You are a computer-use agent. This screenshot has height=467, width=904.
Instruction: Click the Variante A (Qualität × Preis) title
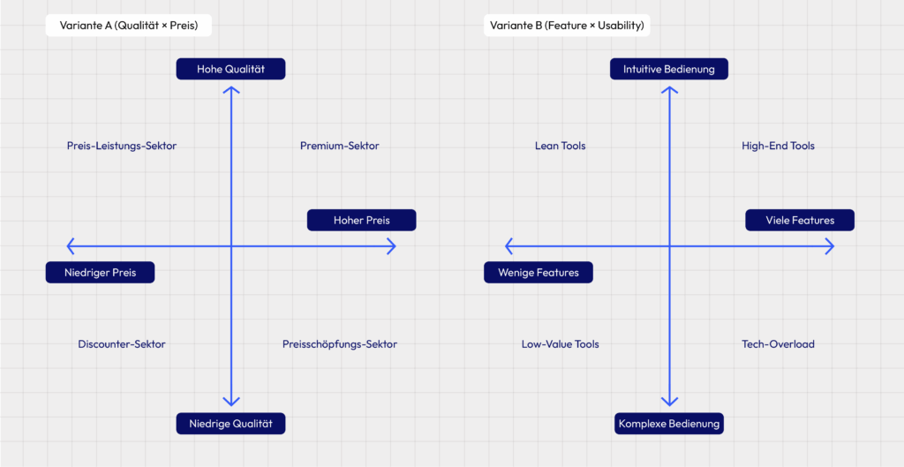point(129,26)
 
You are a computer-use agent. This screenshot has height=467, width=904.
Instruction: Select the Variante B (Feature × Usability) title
point(568,26)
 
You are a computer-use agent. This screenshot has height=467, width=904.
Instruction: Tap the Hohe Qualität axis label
point(230,69)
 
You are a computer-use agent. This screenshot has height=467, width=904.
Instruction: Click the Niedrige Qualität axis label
point(230,424)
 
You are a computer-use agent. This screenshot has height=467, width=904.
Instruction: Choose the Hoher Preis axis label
point(361,220)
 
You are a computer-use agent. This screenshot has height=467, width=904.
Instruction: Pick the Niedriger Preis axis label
point(100,273)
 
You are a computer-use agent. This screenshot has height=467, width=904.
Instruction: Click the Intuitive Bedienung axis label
point(668,69)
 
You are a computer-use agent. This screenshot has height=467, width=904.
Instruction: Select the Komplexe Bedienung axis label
point(668,424)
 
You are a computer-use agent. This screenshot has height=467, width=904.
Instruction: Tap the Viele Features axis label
point(800,220)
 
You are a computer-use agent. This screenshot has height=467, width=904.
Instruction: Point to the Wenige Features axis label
point(539,273)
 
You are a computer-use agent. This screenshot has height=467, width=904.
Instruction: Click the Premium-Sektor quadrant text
point(339,146)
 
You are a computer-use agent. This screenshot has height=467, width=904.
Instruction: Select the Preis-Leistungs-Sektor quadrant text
point(122,146)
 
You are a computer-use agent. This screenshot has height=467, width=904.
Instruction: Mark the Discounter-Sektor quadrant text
point(122,344)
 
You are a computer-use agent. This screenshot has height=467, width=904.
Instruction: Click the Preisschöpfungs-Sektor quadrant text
point(340,344)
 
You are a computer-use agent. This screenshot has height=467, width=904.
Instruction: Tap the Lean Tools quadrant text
point(561,146)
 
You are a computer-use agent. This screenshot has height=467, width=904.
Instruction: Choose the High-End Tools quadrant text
point(778,146)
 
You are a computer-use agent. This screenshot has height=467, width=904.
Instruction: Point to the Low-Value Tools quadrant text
point(561,344)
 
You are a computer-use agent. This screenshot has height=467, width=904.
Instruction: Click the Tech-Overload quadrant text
point(778,344)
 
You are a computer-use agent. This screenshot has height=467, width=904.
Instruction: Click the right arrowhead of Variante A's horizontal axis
point(391,246)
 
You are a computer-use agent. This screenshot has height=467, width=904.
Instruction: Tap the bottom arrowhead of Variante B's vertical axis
point(669,401)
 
